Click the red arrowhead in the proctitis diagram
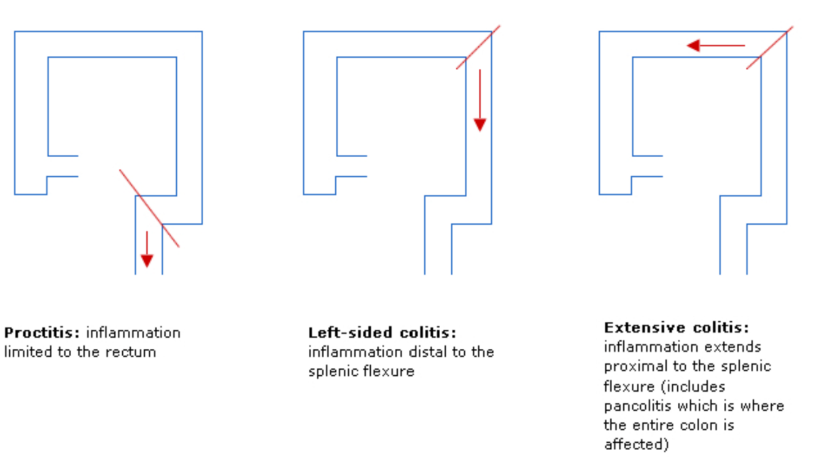click(147, 260)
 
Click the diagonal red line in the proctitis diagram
click(149, 209)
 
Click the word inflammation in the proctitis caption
click(133, 333)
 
